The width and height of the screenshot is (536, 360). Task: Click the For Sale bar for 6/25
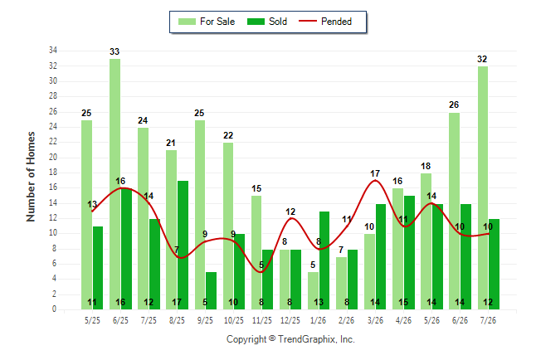115,184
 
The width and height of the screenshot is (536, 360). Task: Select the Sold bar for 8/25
183,246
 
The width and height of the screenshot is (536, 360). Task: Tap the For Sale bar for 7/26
483,188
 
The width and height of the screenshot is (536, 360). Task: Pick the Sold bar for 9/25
212,290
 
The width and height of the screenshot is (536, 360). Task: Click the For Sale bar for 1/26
313,290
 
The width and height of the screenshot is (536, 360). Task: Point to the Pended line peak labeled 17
375,180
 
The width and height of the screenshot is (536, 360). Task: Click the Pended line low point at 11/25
261,272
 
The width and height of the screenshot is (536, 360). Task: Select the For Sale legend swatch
187,22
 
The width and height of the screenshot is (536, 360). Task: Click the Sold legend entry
267,22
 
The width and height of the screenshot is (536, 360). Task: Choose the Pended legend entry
325,22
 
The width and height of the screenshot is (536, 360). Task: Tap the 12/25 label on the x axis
290,320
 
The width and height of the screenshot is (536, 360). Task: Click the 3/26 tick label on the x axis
375,320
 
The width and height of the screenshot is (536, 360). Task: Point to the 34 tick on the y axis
53,51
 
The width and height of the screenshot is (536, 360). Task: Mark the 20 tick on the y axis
53,157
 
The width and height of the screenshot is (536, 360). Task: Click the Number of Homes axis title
31,177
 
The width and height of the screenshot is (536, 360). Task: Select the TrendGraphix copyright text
290,339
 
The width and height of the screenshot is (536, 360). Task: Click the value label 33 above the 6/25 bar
115,51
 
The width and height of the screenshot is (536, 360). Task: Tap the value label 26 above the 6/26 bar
454,105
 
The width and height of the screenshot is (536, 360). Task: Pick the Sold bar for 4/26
409,253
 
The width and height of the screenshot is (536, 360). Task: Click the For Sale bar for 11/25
256,253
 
